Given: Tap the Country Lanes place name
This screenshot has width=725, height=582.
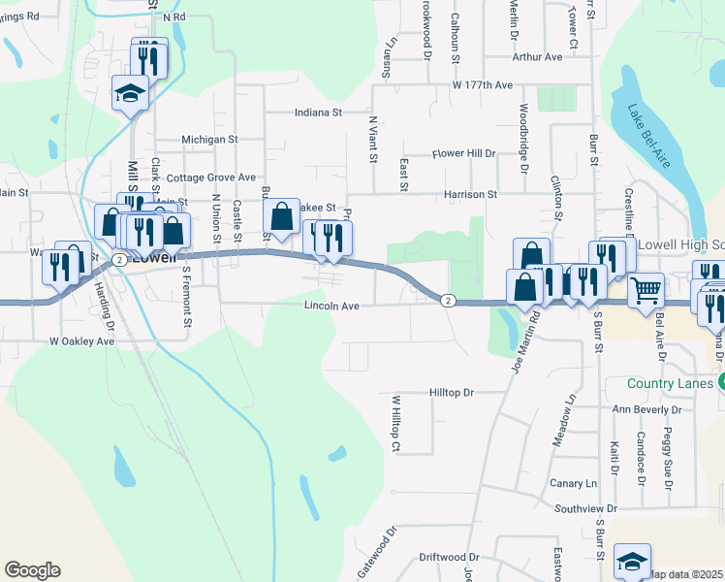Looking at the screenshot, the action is tap(670, 383).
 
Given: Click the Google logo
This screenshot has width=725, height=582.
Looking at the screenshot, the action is tap(32, 570).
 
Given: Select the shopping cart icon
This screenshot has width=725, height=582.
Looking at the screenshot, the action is tap(645, 288).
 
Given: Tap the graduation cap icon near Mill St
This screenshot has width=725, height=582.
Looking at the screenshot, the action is tap(130, 93).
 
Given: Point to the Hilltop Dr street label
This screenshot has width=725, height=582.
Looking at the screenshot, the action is tap(451, 393).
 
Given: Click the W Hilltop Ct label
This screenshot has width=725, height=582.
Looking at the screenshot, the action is tap(395, 423).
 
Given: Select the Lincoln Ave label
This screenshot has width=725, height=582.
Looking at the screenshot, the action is tap(332, 306).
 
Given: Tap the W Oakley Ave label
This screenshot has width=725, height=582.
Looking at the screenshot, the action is tap(82, 341).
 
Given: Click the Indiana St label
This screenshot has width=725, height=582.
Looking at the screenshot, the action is tap(319, 113).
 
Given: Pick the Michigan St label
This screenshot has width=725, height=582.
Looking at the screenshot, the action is tap(209, 140).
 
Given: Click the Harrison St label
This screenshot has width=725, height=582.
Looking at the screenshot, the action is tap(470, 194).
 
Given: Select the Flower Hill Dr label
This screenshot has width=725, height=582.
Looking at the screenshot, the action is tap(463, 153).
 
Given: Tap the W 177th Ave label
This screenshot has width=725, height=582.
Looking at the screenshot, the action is tap(482, 85).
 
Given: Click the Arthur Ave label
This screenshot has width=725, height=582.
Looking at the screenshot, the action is tap(538, 57).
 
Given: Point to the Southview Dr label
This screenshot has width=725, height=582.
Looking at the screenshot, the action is tap(585, 508).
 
